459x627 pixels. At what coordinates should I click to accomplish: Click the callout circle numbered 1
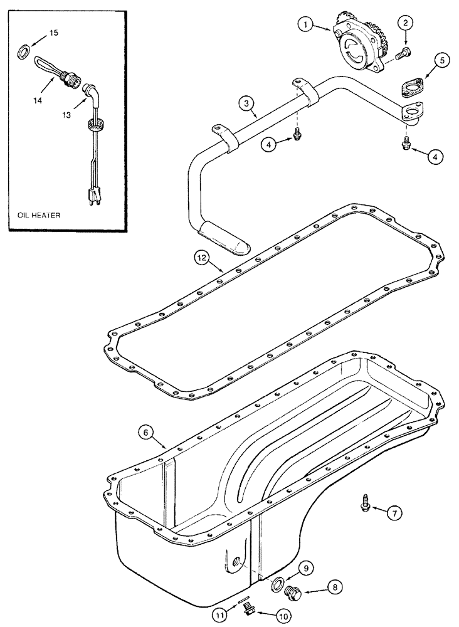pos(305,24)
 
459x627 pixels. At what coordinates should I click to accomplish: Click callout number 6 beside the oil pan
pos(145,432)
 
